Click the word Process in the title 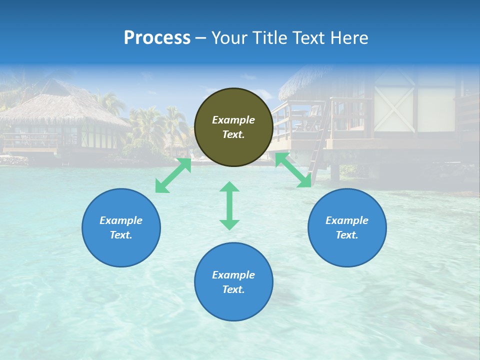(x=157, y=38)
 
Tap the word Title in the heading (x=268, y=38)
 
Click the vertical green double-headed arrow (x=229, y=206)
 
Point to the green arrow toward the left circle (x=173, y=175)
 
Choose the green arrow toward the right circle (x=293, y=170)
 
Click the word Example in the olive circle (x=233, y=120)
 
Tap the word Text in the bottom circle (x=233, y=289)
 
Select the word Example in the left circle (x=121, y=220)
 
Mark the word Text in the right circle (x=347, y=235)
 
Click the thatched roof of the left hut (x=60, y=107)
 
